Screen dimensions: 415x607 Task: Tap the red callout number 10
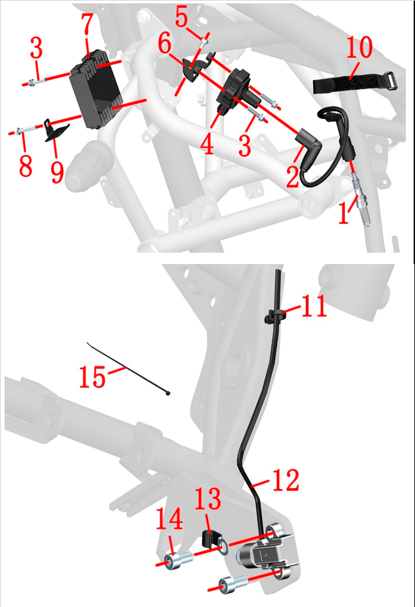[x=359, y=47]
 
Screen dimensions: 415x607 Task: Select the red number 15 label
[x=92, y=376]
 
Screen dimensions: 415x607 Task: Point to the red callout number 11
[x=314, y=306]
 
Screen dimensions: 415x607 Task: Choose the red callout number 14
[x=169, y=518]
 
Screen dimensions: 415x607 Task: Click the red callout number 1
[x=344, y=214]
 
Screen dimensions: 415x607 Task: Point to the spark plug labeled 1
[x=362, y=200]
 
